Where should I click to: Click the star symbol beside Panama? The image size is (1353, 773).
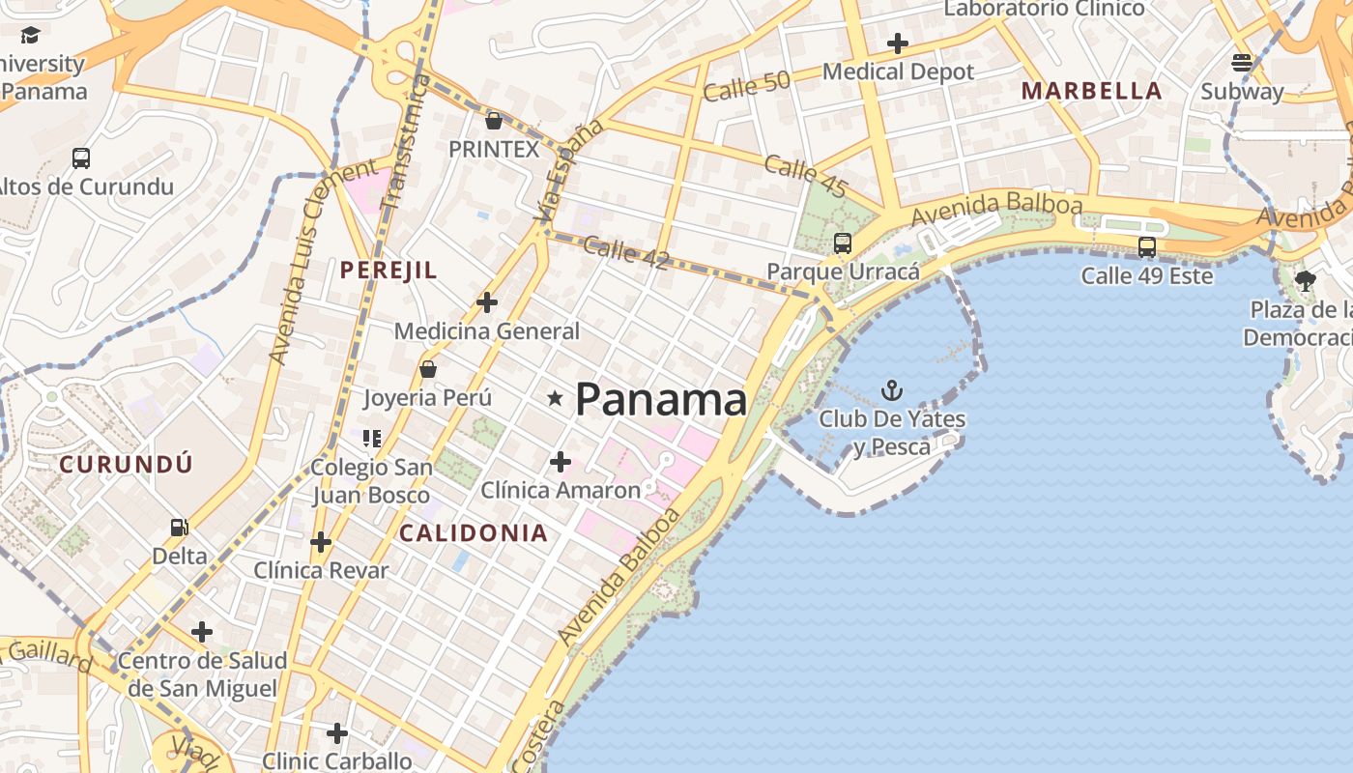(x=556, y=398)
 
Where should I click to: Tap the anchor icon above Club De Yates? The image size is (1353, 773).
(x=892, y=390)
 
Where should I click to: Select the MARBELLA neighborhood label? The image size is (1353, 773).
(x=1091, y=91)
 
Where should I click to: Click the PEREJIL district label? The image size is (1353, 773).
(x=389, y=271)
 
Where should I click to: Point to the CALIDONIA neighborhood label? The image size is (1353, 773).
(x=474, y=532)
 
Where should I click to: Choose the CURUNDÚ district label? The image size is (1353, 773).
(x=127, y=464)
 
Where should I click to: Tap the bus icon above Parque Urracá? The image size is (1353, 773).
(x=843, y=243)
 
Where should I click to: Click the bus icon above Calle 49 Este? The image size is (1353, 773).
(x=1147, y=247)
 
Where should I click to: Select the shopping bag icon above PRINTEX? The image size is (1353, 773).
(x=494, y=121)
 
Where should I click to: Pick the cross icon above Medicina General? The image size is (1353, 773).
(x=487, y=302)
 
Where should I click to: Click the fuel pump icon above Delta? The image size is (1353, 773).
(x=179, y=528)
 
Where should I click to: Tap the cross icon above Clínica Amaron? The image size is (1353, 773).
(x=560, y=462)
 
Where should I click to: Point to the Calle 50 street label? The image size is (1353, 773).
(x=746, y=86)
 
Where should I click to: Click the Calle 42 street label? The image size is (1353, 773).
(x=625, y=252)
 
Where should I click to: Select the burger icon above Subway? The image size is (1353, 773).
(x=1242, y=63)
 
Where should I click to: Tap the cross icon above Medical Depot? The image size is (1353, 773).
(x=898, y=43)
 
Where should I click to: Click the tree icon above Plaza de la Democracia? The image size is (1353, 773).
(x=1306, y=281)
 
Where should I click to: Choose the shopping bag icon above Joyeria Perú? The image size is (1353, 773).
(x=428, y=369)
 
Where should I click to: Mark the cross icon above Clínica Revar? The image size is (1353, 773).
(x=321, y=542)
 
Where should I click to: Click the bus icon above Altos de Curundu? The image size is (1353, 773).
(x=81, y=158)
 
